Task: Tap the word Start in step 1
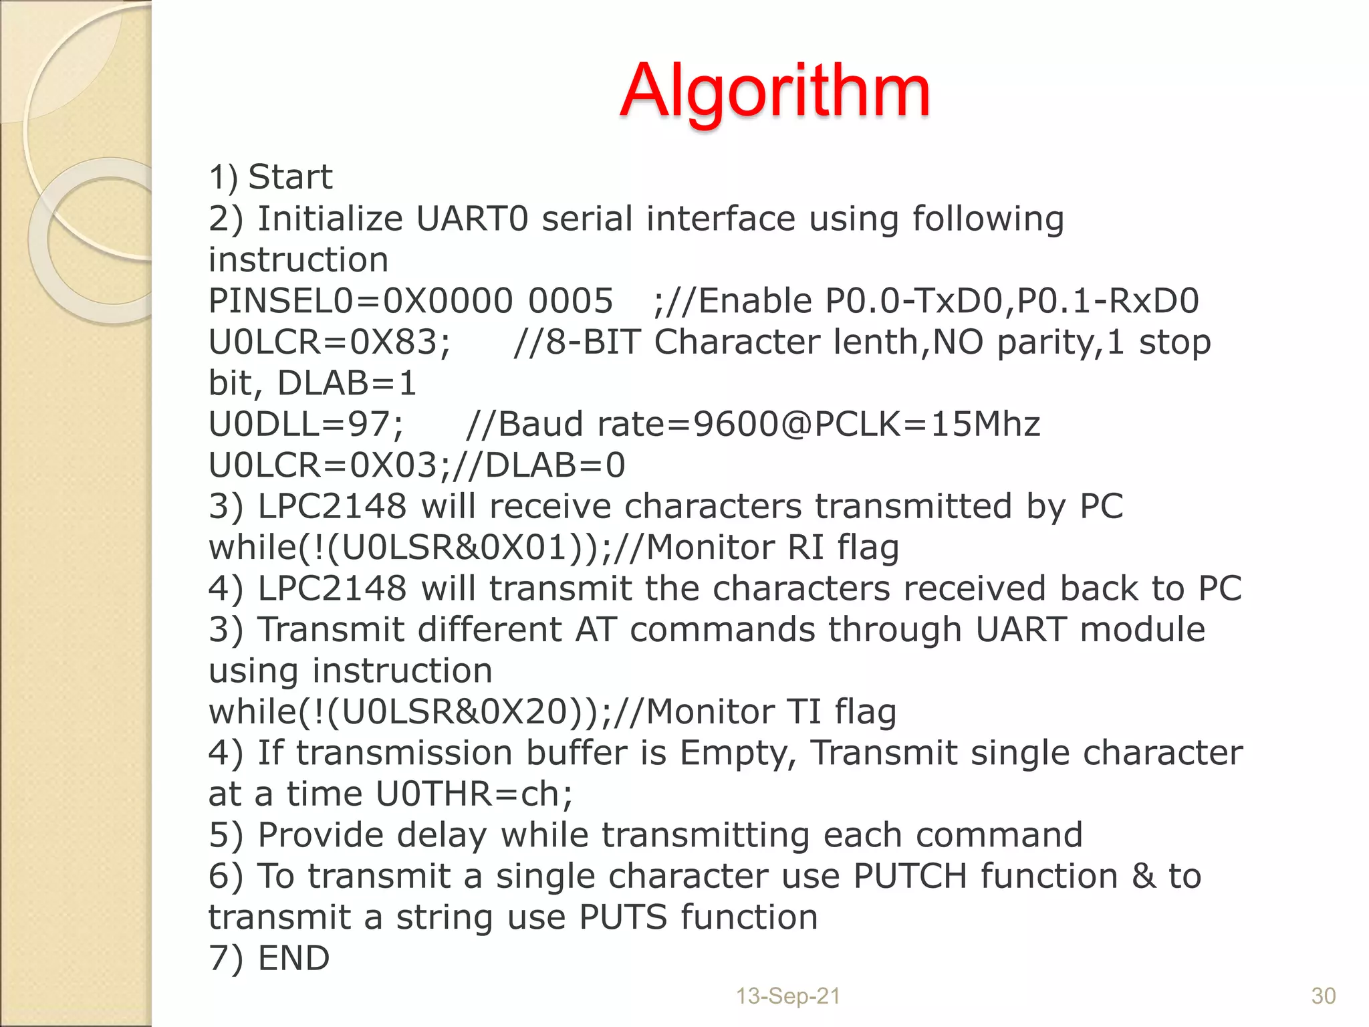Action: coord(290,178)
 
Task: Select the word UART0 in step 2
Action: coord(472,219)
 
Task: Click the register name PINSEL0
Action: coord(280,302)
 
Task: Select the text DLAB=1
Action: coord(347,384)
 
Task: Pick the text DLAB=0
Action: coord(554,466)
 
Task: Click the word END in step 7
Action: coord(293,958)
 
